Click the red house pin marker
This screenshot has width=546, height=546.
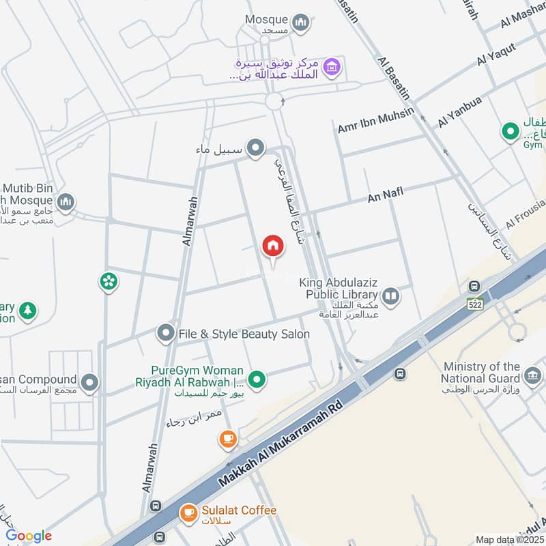pyautogui.click(x=273, y=246)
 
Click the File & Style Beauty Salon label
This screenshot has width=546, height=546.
pyautogui.click(x=244, y=334)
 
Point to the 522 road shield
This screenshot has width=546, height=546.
pyautogui.click(x=476, y=304)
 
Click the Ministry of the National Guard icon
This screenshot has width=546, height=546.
pyautogui.click(x=533, y=373)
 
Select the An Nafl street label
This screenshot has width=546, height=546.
pyautogui.click(x=386, y=196)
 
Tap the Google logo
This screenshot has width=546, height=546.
pyautogui.click(x=29, y=536)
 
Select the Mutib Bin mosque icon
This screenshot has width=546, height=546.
pyautogui.click(x=66, y=201)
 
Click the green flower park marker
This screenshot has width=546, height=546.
pyautogui.click(x=108, y=280)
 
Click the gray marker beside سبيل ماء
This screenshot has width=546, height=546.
pyautogui.click(x=255, y=147)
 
